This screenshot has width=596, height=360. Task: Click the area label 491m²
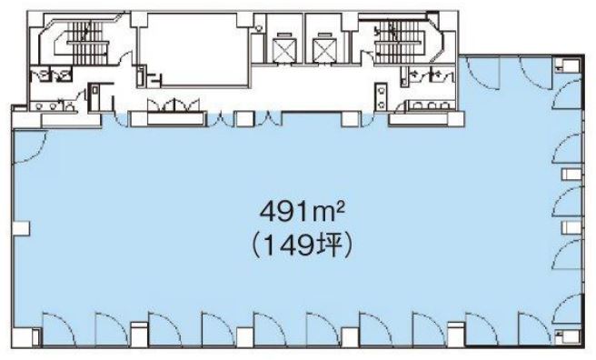303,212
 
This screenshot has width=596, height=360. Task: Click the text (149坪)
303,245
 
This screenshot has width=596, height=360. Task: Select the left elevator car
284,49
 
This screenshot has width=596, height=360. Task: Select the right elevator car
323,49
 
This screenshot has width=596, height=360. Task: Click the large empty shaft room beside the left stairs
194,49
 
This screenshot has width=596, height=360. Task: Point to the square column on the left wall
21,227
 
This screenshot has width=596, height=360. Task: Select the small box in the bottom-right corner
566,336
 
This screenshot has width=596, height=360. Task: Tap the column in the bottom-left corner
23,337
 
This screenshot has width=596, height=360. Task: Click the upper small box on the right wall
571,175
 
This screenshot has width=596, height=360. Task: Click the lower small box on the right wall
571,227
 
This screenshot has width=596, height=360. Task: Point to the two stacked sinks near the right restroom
382,95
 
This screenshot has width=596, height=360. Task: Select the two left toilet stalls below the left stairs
51,75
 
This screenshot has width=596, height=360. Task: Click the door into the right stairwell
368,56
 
